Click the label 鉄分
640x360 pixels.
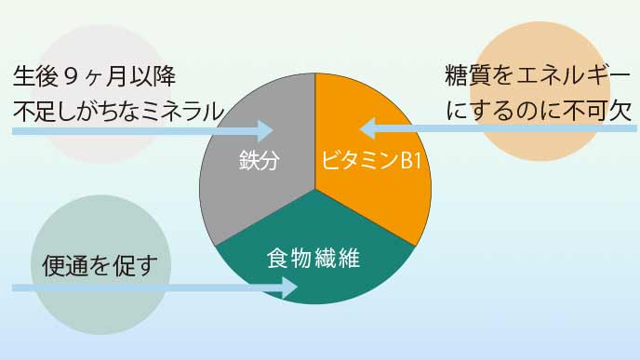tap(260, 159)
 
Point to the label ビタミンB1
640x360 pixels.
tap(372, 160)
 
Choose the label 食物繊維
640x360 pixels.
tap(313, 256)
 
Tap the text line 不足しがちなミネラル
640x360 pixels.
tap(118, 111)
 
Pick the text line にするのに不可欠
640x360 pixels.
tap(540, 111)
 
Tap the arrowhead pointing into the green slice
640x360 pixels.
tap(290, 288)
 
